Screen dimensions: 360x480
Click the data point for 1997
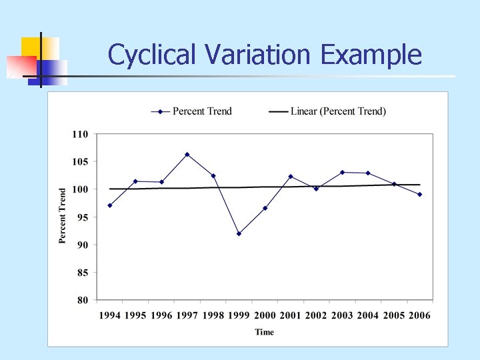pos(187,155)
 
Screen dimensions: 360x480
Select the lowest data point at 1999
pos(239,233)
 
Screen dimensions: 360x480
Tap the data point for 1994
pos(109,205)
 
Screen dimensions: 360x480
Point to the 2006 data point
pos(420,195)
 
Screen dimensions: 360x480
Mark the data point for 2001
pos(291,177)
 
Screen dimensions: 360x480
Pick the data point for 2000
pos(265,208)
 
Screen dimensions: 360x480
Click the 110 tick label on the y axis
pos(80,134)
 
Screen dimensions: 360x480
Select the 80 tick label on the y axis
pos(83,300)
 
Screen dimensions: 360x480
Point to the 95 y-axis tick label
pos(83,217)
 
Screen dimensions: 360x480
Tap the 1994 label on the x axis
pos(109,315)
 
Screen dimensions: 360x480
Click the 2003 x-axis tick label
pos(342,315)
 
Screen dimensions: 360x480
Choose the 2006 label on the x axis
pos(419,315)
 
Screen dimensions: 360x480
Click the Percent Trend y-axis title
pos(63,215)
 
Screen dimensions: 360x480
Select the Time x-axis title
pos(264,332)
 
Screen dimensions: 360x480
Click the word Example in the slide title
pos(371,55)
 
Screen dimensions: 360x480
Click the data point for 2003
pos(342,172)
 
